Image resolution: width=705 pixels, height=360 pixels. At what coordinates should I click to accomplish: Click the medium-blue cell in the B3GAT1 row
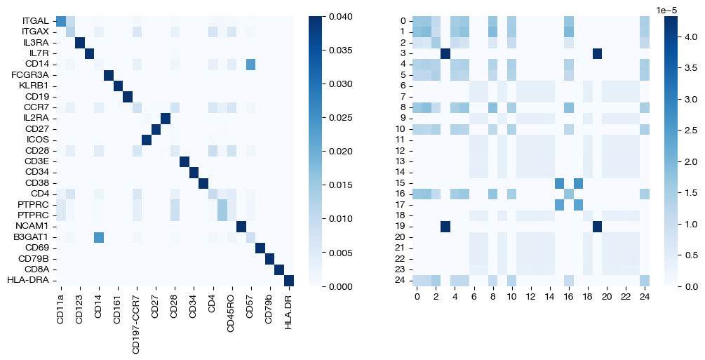tap(99, 238)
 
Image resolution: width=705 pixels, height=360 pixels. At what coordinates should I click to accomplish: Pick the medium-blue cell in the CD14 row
tap(251, 65)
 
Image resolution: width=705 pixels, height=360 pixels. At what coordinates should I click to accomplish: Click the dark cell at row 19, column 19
tap(597, 227)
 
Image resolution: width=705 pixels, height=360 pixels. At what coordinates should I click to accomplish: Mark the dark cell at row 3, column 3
tap(445, 53)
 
